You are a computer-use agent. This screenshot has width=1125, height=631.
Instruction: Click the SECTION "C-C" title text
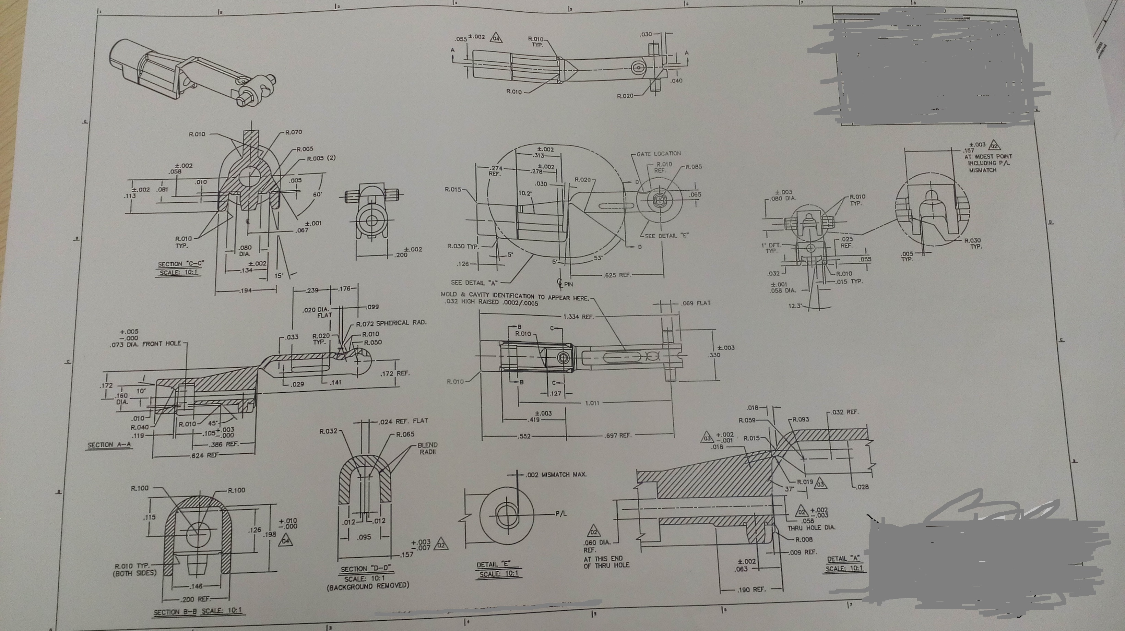pyautogui.click(x=181, y=264)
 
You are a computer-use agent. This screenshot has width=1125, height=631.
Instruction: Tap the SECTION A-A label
pyautogui.click(x=109, y=444)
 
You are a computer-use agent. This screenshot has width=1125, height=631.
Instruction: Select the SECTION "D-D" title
pyautogui.click(x=366, y=569)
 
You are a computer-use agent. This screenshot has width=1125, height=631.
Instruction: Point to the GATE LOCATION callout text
pyautogui.click(x=659, y=154)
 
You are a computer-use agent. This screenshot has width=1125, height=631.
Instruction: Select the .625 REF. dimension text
pyautogui.click(x=617, y=275)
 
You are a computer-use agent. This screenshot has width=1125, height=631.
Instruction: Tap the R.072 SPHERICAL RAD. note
pyautogui.click(x=391, y=323)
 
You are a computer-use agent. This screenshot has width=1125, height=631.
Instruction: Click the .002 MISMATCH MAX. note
pyautogui.click(x=556, y=475)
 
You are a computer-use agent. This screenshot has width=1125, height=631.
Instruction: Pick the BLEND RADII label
pyautogui.click(x=427, y=448)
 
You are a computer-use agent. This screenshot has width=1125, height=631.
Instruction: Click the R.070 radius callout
pyautogui.click(x=294, y=132)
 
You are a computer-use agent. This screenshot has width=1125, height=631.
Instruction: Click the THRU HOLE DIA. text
pyautogui.click(x=812, y=527)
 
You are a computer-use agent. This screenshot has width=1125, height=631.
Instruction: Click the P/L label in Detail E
pyautogui.click(x=561, y=513)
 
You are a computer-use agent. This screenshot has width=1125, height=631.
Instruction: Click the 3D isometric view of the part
pyautogui.click(x=192, y=72)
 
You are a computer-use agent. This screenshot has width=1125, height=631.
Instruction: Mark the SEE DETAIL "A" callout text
pyautogui.click(x=474, y=283)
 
